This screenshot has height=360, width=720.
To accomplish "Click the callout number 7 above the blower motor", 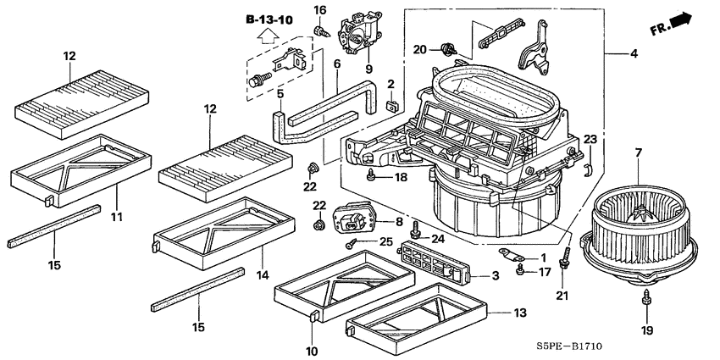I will coord(640,153).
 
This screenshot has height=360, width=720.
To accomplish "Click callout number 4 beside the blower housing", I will coord(633,54).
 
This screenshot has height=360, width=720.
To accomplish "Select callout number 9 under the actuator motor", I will coord(368,69).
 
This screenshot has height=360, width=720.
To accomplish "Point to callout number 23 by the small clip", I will coord(590,139).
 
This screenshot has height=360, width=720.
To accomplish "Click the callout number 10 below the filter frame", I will coord(313,350).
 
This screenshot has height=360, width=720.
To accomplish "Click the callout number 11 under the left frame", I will coord(117,218).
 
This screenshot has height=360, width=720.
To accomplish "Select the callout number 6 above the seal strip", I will coord(336,64).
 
